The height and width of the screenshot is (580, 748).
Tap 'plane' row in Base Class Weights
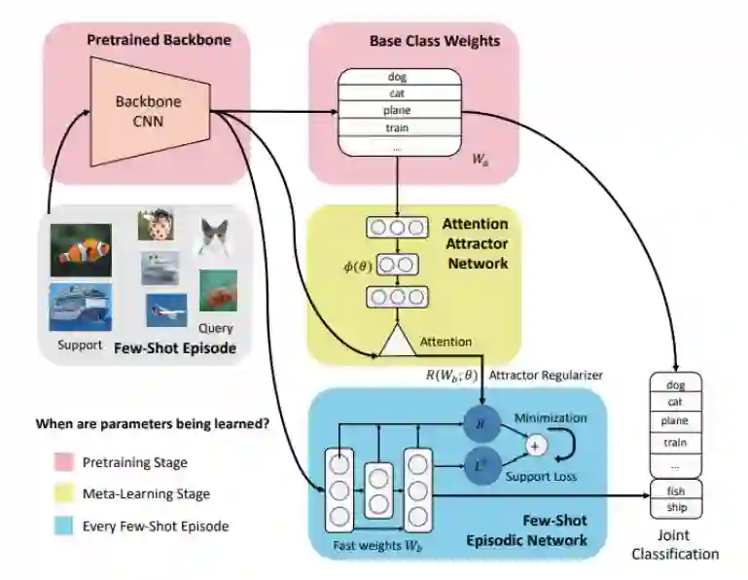(398, 111)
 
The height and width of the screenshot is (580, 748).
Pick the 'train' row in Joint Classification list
(674, 441)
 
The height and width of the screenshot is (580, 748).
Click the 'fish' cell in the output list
(674, 489)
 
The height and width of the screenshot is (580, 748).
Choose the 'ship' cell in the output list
(674, 508)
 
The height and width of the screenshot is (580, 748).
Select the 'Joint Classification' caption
(675, 546)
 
